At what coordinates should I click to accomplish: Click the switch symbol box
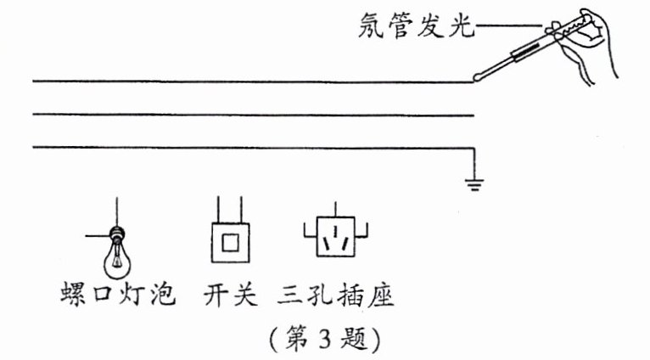pyautogui.click(x=229, y=243)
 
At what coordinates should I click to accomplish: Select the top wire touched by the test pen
pyautogui.click(x=255, y=82)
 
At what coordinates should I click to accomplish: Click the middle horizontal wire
pyautogui.click(x=255, y=115)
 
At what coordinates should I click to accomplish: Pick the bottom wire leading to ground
pyautogui.click(x=255, y=149)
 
